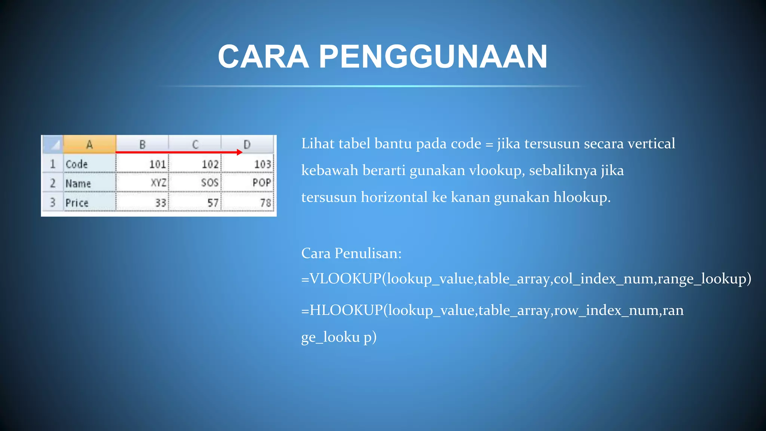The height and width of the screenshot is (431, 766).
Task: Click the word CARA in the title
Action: tap(263, 56)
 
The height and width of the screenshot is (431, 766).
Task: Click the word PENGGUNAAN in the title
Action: tap(433, 56)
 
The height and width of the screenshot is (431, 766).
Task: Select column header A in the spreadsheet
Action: tap(89, 144)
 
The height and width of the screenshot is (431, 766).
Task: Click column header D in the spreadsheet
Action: tap(247, 144)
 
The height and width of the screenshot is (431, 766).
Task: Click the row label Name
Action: tap(78, 184)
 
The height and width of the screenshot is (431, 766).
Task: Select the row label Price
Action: tap(77, 203)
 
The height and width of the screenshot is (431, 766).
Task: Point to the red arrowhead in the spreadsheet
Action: tap(240, 152)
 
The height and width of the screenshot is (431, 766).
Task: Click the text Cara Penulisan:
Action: tap(351, 253)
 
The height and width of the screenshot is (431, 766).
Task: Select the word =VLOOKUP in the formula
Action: tap(341, 279)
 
